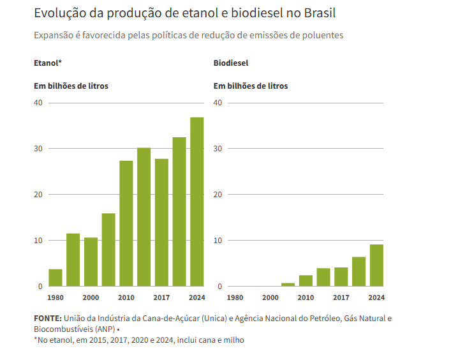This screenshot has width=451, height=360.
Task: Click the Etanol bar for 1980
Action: [x=55, y=278]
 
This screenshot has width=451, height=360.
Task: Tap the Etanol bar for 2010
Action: [x=126, y=223]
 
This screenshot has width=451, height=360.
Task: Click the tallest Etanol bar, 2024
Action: [x=196, y=202]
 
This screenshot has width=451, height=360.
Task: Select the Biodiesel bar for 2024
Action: [x=376, y=266]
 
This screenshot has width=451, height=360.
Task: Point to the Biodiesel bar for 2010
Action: [x=306, y=281]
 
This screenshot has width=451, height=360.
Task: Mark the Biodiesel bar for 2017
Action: [x=341, y=277]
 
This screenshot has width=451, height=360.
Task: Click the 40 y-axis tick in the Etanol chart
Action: [x=38, y=103]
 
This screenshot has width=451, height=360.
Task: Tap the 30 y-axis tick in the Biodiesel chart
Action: [x=218, y=149]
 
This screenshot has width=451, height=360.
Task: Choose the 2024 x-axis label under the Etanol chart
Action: [x=196, y=297]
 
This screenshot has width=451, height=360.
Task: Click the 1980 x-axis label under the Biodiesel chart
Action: [x=235, y=297]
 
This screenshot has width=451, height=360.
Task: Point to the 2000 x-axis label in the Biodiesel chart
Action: [x=270, y=297]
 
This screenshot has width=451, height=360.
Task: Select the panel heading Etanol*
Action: [x=48, y=63]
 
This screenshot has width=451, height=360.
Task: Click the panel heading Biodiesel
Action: [x=231, y=63]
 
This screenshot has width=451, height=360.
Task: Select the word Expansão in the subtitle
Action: [x=54, y=35]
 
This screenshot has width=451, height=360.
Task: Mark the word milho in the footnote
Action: [x=232, y=340]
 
